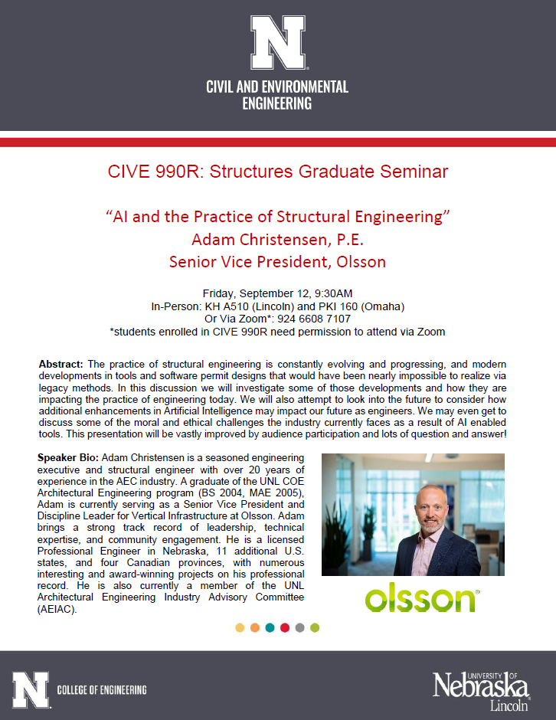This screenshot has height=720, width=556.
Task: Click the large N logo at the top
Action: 277,43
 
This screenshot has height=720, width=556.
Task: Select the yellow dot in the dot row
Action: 240,628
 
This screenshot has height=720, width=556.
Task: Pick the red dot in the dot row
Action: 285,628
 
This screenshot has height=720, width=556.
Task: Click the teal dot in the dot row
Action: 270,628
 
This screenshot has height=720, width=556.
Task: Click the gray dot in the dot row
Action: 299,628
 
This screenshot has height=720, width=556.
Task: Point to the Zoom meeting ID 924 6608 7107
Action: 314,319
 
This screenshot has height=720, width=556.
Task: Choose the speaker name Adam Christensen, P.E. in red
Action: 277,240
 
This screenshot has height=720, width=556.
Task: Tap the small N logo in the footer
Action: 31,690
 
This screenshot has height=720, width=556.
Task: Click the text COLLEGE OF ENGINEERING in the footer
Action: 102,691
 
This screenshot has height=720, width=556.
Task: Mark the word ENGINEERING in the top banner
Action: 277,103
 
